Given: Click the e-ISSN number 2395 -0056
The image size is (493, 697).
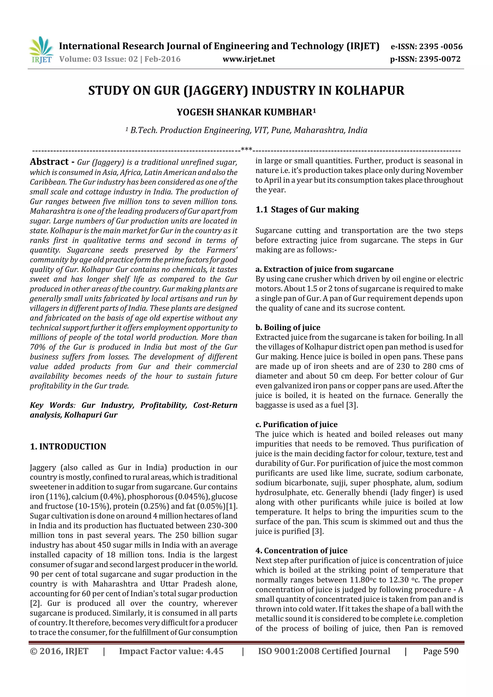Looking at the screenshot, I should pos(441,46).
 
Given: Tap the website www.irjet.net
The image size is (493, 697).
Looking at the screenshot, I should pos(248,59).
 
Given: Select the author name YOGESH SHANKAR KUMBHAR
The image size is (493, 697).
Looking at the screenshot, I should pos(244,112).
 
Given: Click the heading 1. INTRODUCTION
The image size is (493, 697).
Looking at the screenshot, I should pos(68,446).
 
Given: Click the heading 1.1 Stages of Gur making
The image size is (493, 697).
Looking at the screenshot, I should pos(307,210).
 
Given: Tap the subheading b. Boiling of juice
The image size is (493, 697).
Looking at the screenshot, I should pos(288,327).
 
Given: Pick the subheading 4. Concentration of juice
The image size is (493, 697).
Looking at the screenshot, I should pos(301,551).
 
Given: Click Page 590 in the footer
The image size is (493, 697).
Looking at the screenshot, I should pos(441,651).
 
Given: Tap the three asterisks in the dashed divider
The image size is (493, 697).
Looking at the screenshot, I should pos(246,149).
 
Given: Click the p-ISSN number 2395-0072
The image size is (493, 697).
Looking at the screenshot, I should pos(440,59).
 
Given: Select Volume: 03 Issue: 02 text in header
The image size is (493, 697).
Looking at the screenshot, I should pos(98,59).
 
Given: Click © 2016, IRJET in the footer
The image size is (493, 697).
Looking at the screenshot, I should pos(59,651).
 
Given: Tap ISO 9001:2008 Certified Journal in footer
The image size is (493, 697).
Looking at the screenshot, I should pos(324,651).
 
